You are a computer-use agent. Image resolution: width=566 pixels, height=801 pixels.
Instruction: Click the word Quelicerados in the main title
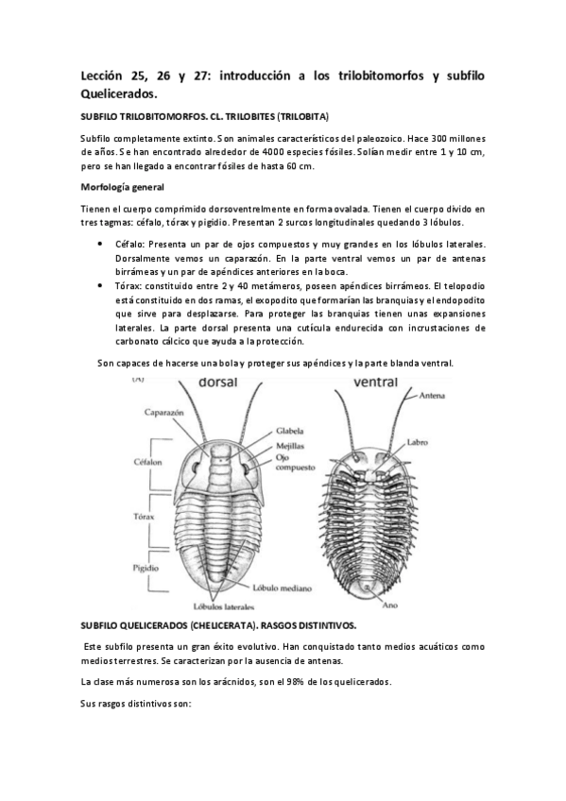[118, 94]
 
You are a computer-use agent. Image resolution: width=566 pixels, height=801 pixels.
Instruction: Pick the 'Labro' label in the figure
[418, 441]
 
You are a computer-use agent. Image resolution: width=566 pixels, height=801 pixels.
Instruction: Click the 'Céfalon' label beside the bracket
[145, 463]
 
